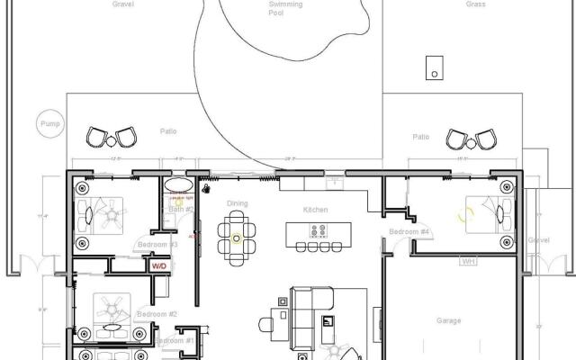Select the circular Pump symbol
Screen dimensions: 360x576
(48, 124)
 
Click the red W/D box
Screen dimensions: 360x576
(158, 266)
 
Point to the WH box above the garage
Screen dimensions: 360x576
(468, 261)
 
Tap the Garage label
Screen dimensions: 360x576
(448, 320)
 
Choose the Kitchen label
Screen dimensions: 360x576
(315, 210)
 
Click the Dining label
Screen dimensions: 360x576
(237, 203)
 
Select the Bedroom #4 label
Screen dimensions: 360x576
(409, 232)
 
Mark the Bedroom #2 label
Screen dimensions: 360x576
(157, 314)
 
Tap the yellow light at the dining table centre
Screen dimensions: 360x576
(237, 238)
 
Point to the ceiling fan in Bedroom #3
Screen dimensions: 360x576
(115, 216)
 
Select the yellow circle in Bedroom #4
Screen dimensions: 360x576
(466, 216)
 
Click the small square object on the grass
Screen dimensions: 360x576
(435, 67)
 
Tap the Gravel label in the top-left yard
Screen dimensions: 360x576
(123, 4)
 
